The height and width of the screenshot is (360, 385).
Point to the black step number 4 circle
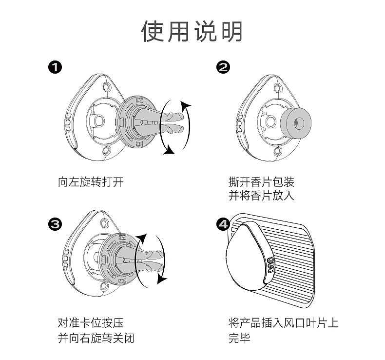(x=223, y=224)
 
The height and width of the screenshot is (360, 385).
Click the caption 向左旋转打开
(x=91, y=183)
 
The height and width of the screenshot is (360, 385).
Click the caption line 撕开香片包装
(x=262, y=183)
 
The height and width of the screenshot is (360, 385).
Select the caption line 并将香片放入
(x=262, y=197)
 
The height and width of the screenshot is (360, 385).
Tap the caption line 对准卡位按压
(x=91, y=323)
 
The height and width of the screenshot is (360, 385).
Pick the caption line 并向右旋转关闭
(x=96, y=338)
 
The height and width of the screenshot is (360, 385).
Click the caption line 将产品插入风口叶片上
(x=283, y=323)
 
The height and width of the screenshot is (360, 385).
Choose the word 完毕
(x=239, y=338)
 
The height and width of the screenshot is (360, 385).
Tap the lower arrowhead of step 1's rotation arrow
(x=169, y=151)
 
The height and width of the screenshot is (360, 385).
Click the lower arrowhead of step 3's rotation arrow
(x=162, y=280)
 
